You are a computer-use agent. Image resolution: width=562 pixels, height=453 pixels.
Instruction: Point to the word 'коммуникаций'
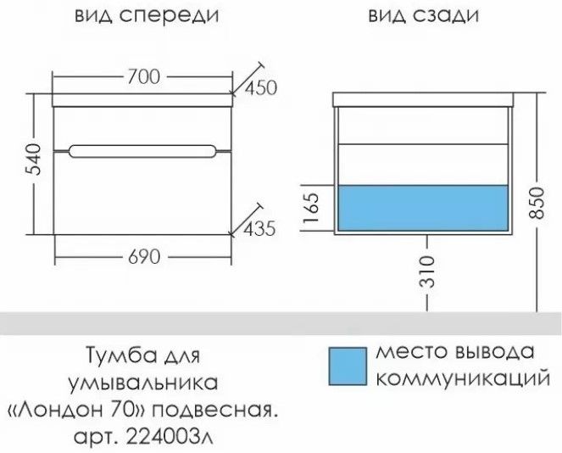464,377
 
